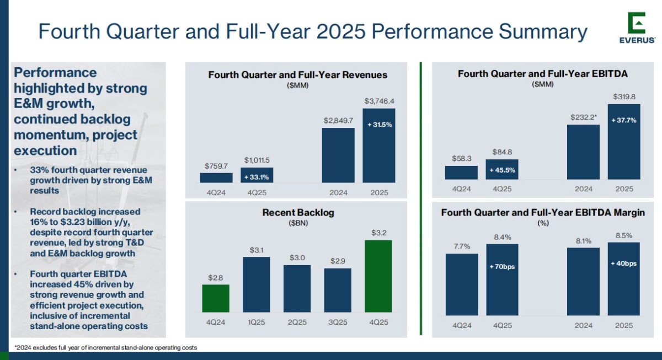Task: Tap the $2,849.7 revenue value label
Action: tap(338, 120)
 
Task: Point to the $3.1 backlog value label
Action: tap(256, 250)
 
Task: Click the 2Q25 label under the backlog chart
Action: tap(297, 323)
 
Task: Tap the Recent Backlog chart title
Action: tap(298, 212)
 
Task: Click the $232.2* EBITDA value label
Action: tap(584, 117)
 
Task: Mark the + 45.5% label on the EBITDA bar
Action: tap(502, 170)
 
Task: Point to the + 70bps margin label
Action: tap(502, 267)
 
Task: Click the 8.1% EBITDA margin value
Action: tap(583, 241)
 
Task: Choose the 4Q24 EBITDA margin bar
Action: tap(461, 284)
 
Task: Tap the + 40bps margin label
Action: tap(624, 264)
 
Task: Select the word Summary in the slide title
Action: tap(543, 31)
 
